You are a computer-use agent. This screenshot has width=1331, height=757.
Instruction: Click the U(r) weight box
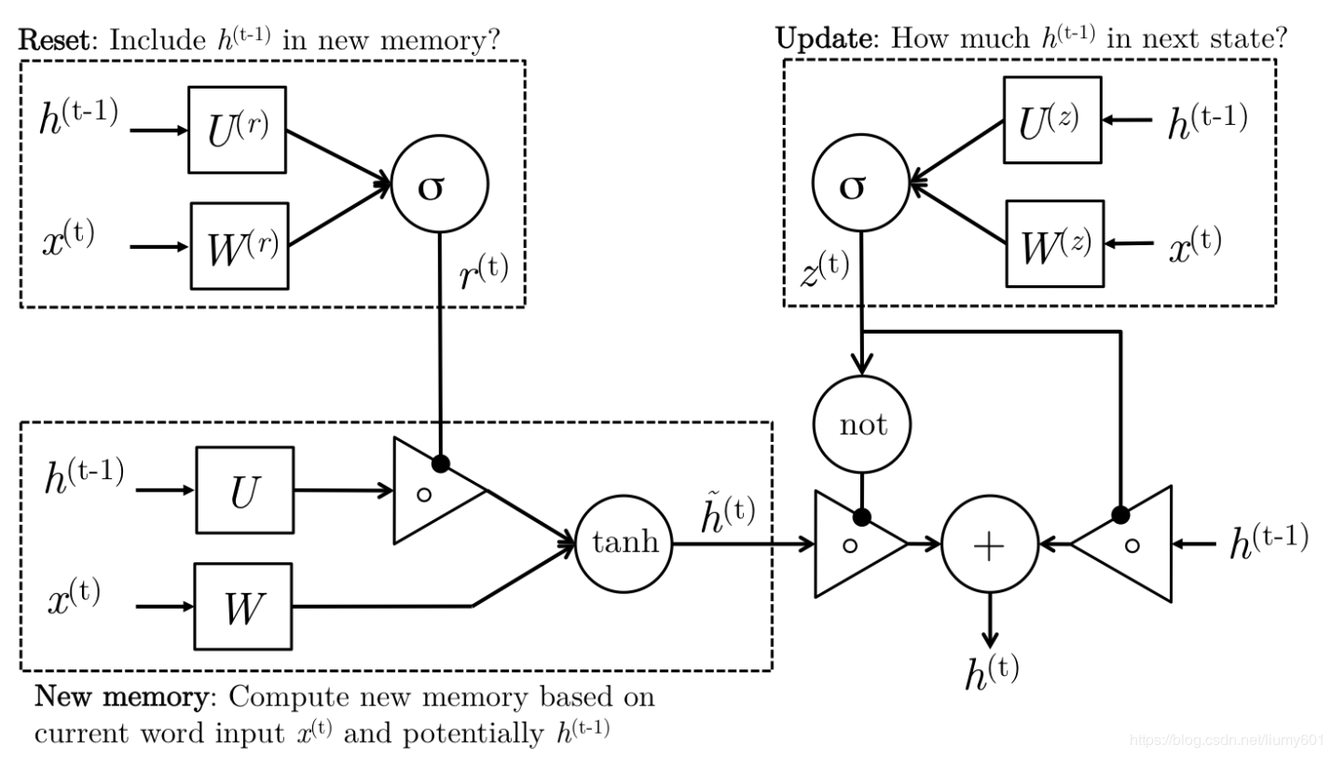tap(237, 130)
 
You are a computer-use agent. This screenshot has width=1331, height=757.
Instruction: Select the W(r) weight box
tap(240, 246)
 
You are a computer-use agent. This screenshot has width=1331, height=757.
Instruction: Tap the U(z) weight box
tap(1052, 120)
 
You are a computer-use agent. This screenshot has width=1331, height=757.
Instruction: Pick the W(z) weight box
tap(1054, 243)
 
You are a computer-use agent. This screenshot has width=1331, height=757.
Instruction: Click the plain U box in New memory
tap(243, 489)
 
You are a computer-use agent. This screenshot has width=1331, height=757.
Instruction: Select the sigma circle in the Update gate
tap(860, 186)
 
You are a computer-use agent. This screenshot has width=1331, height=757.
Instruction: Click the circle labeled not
tap(862, 425)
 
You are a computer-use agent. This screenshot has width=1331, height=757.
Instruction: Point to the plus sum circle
tap(989, 544)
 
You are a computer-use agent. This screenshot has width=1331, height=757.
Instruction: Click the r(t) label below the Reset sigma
tap(485, 273)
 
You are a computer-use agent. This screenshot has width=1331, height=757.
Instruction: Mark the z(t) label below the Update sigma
tap(824, 271)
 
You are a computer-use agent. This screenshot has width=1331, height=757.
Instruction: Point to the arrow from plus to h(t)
tap(989, 619)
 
